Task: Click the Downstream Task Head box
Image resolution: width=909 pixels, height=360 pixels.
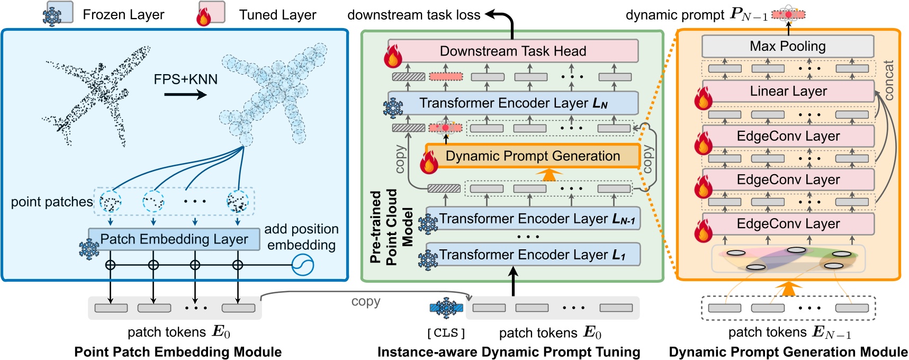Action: [x=512, y=51]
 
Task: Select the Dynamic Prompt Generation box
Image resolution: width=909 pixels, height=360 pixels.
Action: [x=533, y=156]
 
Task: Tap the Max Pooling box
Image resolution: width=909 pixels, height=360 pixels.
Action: [x=787, y=47]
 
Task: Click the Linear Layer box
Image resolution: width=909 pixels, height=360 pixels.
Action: [x=788, y=91]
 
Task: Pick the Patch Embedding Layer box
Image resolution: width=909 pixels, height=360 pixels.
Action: [x=174, y=239]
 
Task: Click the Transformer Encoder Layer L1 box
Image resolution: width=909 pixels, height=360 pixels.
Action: [x=533, y=255]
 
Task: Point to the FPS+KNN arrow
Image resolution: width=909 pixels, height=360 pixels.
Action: [x=185, y=95]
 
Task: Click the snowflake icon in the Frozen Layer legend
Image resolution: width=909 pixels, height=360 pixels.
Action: [x=52, y=16]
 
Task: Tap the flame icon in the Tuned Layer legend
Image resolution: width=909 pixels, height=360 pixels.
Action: [x=204, y=16]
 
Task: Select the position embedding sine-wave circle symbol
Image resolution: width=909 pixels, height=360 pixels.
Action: [x=303, y=265]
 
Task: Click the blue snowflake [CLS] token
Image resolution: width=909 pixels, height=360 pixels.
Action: [x=446, y=308]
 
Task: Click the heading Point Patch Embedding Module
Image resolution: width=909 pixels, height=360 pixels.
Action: [x=178, y=352]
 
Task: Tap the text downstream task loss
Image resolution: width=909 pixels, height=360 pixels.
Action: [x=413, y=15]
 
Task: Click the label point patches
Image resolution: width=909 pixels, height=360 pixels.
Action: [x=52, y=202]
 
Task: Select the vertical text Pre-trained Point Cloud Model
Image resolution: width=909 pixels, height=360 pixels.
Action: [x=391, y=227]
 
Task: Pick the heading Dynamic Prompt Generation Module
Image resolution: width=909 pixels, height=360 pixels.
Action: [x=788, y=352]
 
